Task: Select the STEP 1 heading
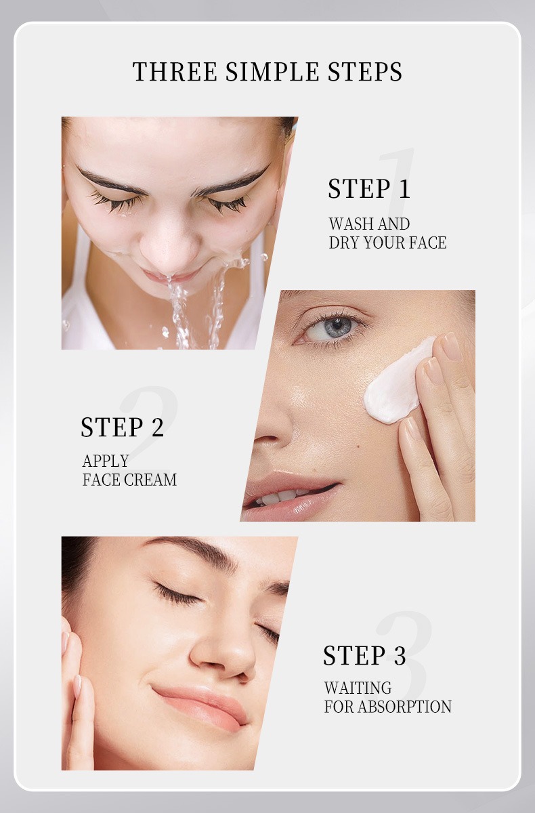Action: [x=369, y=189]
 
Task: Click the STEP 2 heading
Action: [x=122, y=428]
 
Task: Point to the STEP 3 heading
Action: [x=364, y=656]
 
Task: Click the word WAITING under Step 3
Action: [x=358, y=688]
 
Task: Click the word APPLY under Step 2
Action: [x=105, y=461]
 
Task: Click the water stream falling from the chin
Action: [x=179, y=312]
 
